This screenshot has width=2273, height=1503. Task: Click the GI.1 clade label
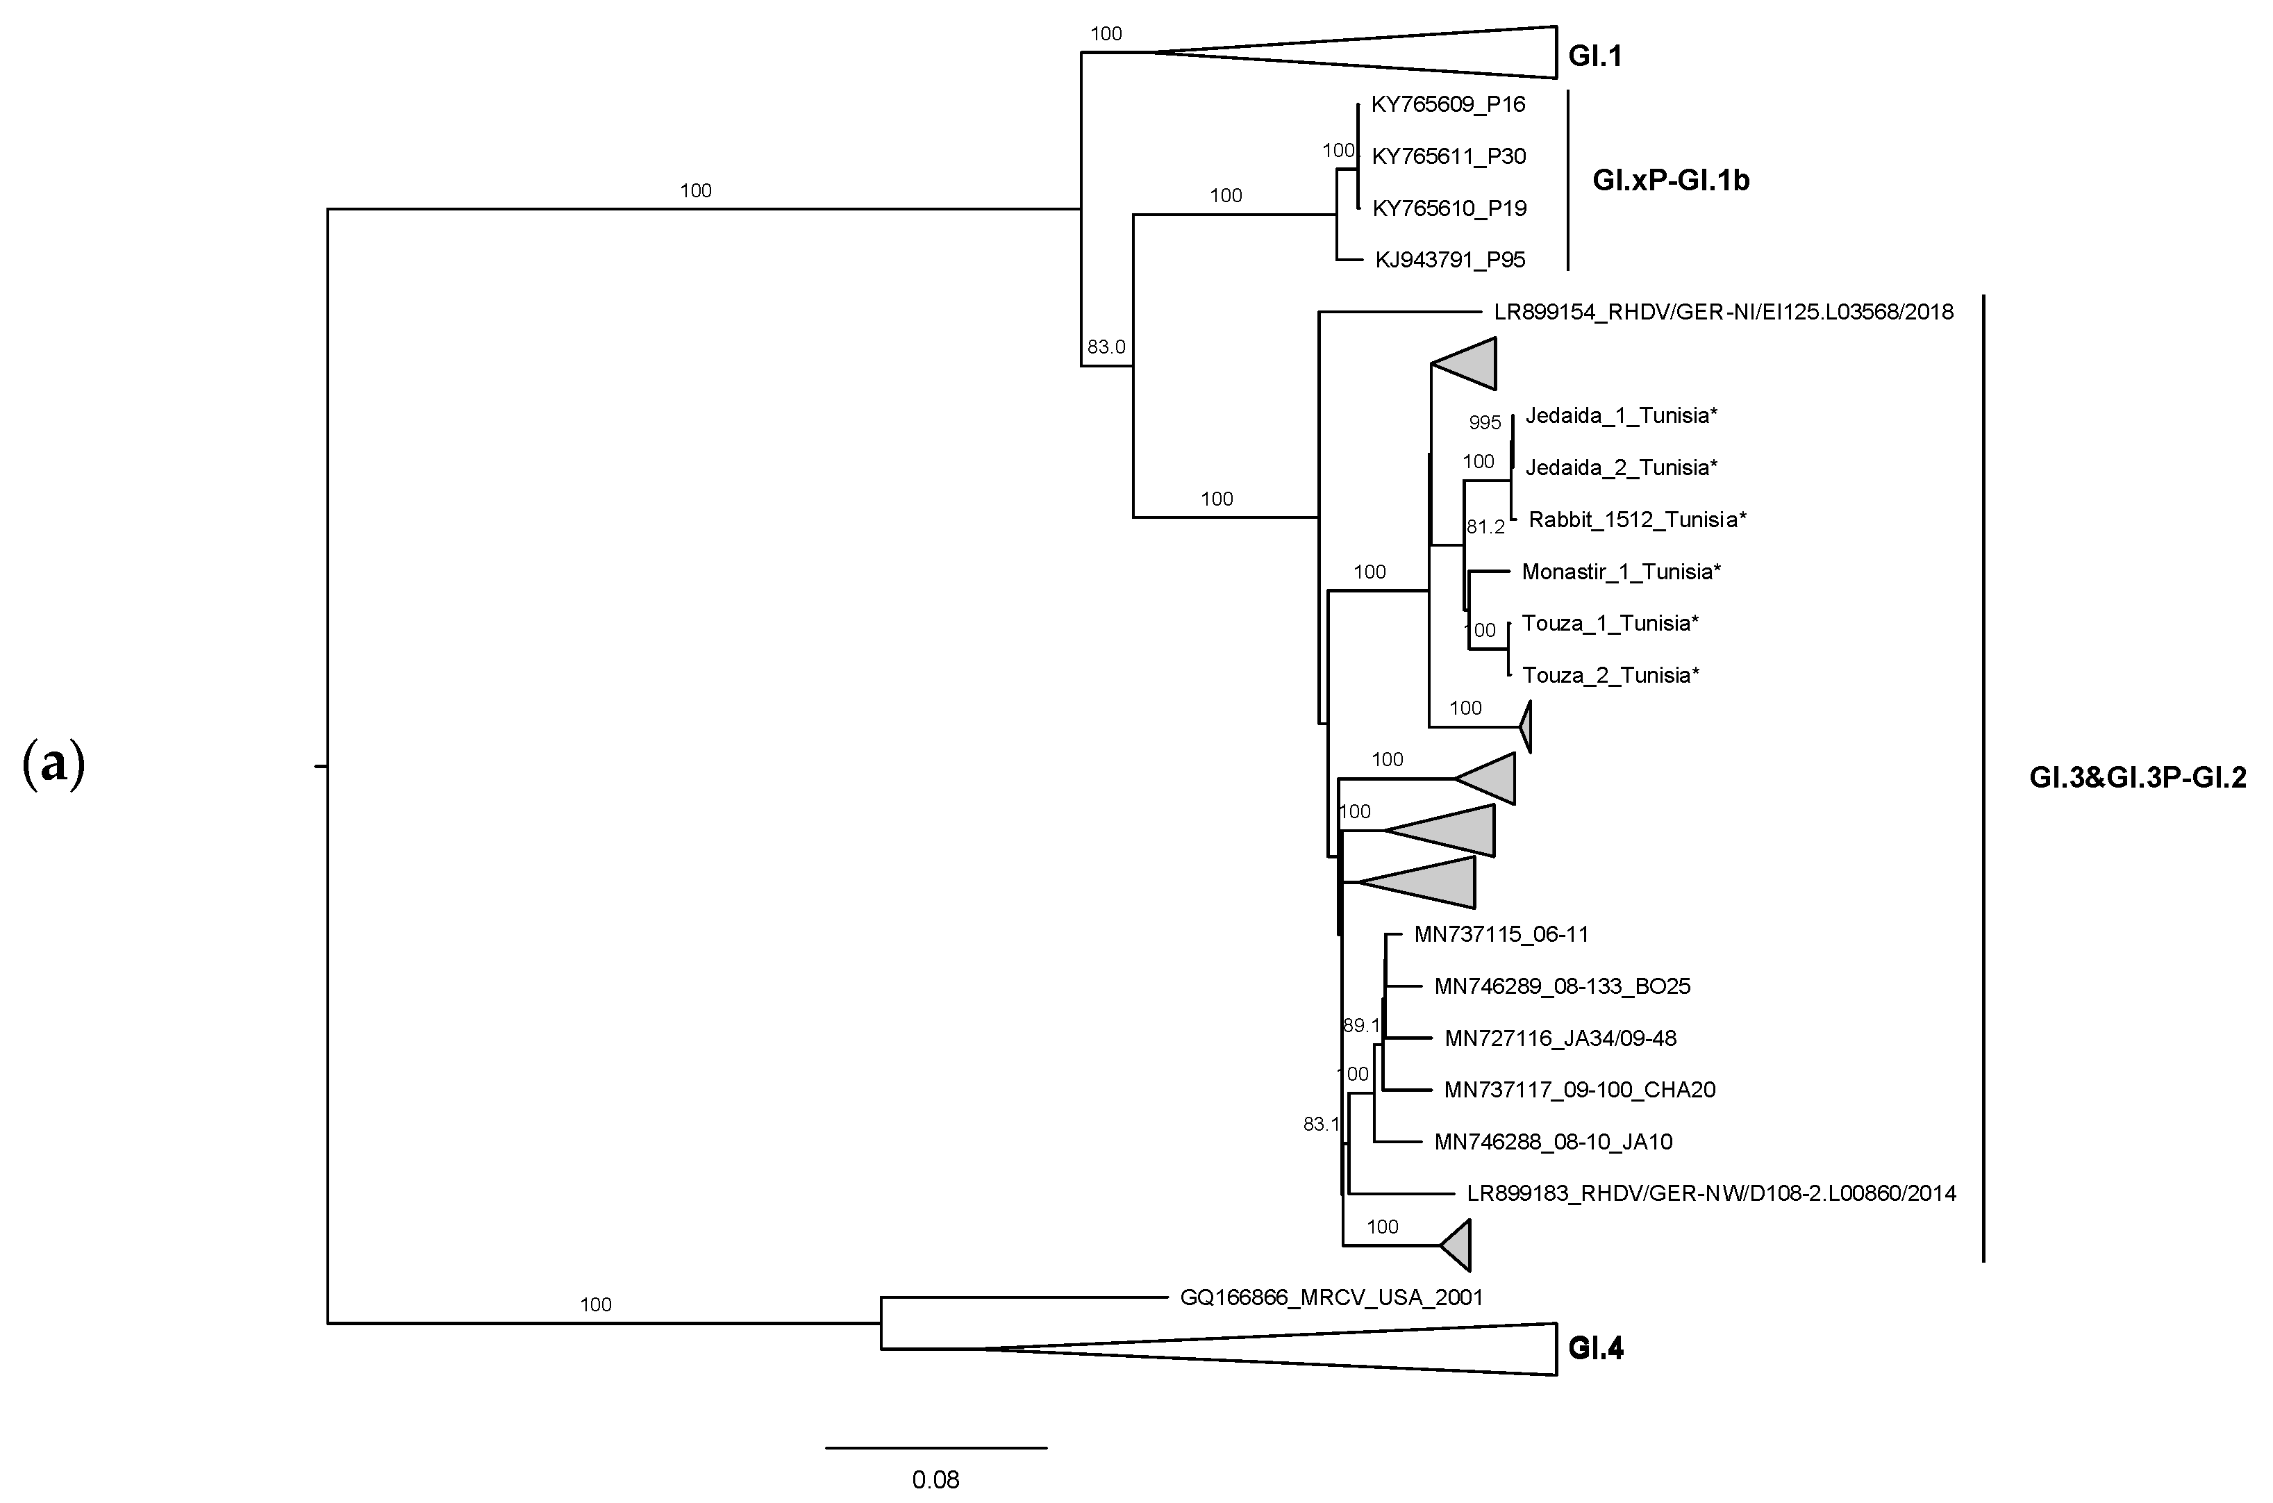point(1595,56)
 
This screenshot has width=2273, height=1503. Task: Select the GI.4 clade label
point(1595,1349)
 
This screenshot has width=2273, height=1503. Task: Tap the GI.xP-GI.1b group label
point(1671,180)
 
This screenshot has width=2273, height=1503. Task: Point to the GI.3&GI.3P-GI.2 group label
point(2137,777)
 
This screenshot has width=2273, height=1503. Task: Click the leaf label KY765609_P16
point(1448,104)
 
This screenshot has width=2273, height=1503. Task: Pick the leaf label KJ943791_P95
point(1450,260)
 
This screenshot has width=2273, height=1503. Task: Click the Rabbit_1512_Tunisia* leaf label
point(1637,520)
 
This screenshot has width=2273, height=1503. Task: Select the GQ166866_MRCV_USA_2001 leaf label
point(1331,1298)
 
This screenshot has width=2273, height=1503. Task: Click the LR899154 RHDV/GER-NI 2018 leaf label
point(1723,313)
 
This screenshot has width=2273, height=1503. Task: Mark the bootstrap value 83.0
point(1106,347)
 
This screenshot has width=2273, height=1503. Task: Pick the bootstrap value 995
point(1484,423)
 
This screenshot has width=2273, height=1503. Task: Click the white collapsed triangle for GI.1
point(1438,53)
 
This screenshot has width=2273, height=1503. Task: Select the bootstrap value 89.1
point(1360,1026)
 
